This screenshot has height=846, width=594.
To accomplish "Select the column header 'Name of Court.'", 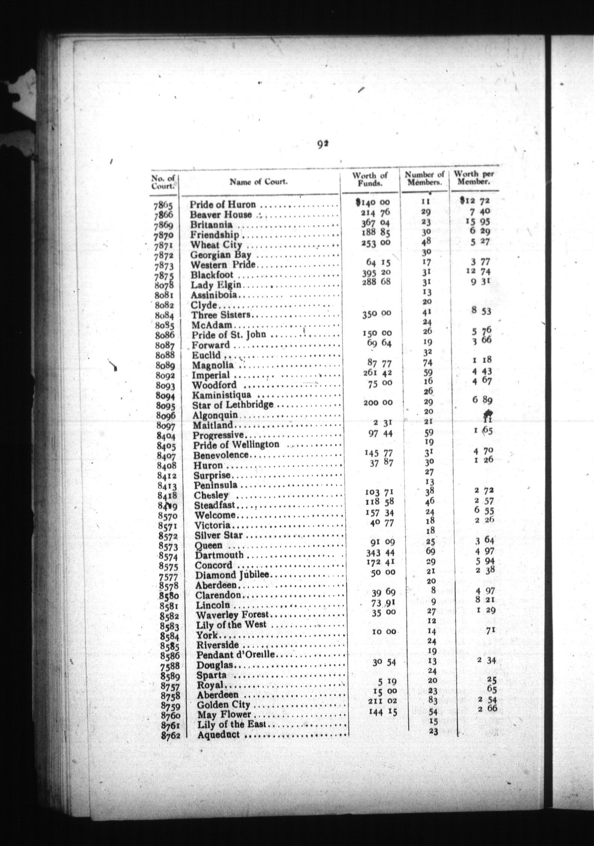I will pos(259,182).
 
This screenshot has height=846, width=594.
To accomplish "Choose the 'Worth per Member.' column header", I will pos(474,178).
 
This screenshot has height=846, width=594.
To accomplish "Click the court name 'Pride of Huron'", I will pos(222,205).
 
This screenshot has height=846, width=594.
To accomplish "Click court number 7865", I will pos(163,205).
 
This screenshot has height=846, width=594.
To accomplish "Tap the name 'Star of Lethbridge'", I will pos(232,405).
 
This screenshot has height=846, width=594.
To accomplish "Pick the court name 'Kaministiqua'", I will pos(222,395).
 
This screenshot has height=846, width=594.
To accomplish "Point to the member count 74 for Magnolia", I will pos(427,363).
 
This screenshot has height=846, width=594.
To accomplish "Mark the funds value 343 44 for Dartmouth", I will pos(379,553).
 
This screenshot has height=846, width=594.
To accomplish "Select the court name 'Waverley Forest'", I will pos(233,615).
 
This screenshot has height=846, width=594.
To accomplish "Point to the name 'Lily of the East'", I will pos(231,724).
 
